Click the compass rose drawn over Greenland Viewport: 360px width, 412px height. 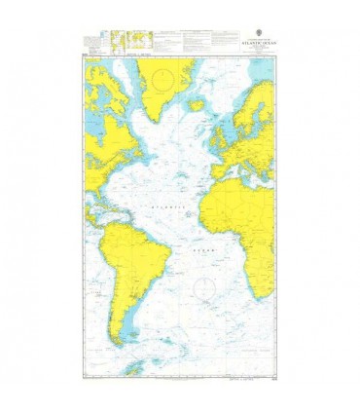pos(162,75)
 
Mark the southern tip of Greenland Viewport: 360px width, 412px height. pos(160,114)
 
